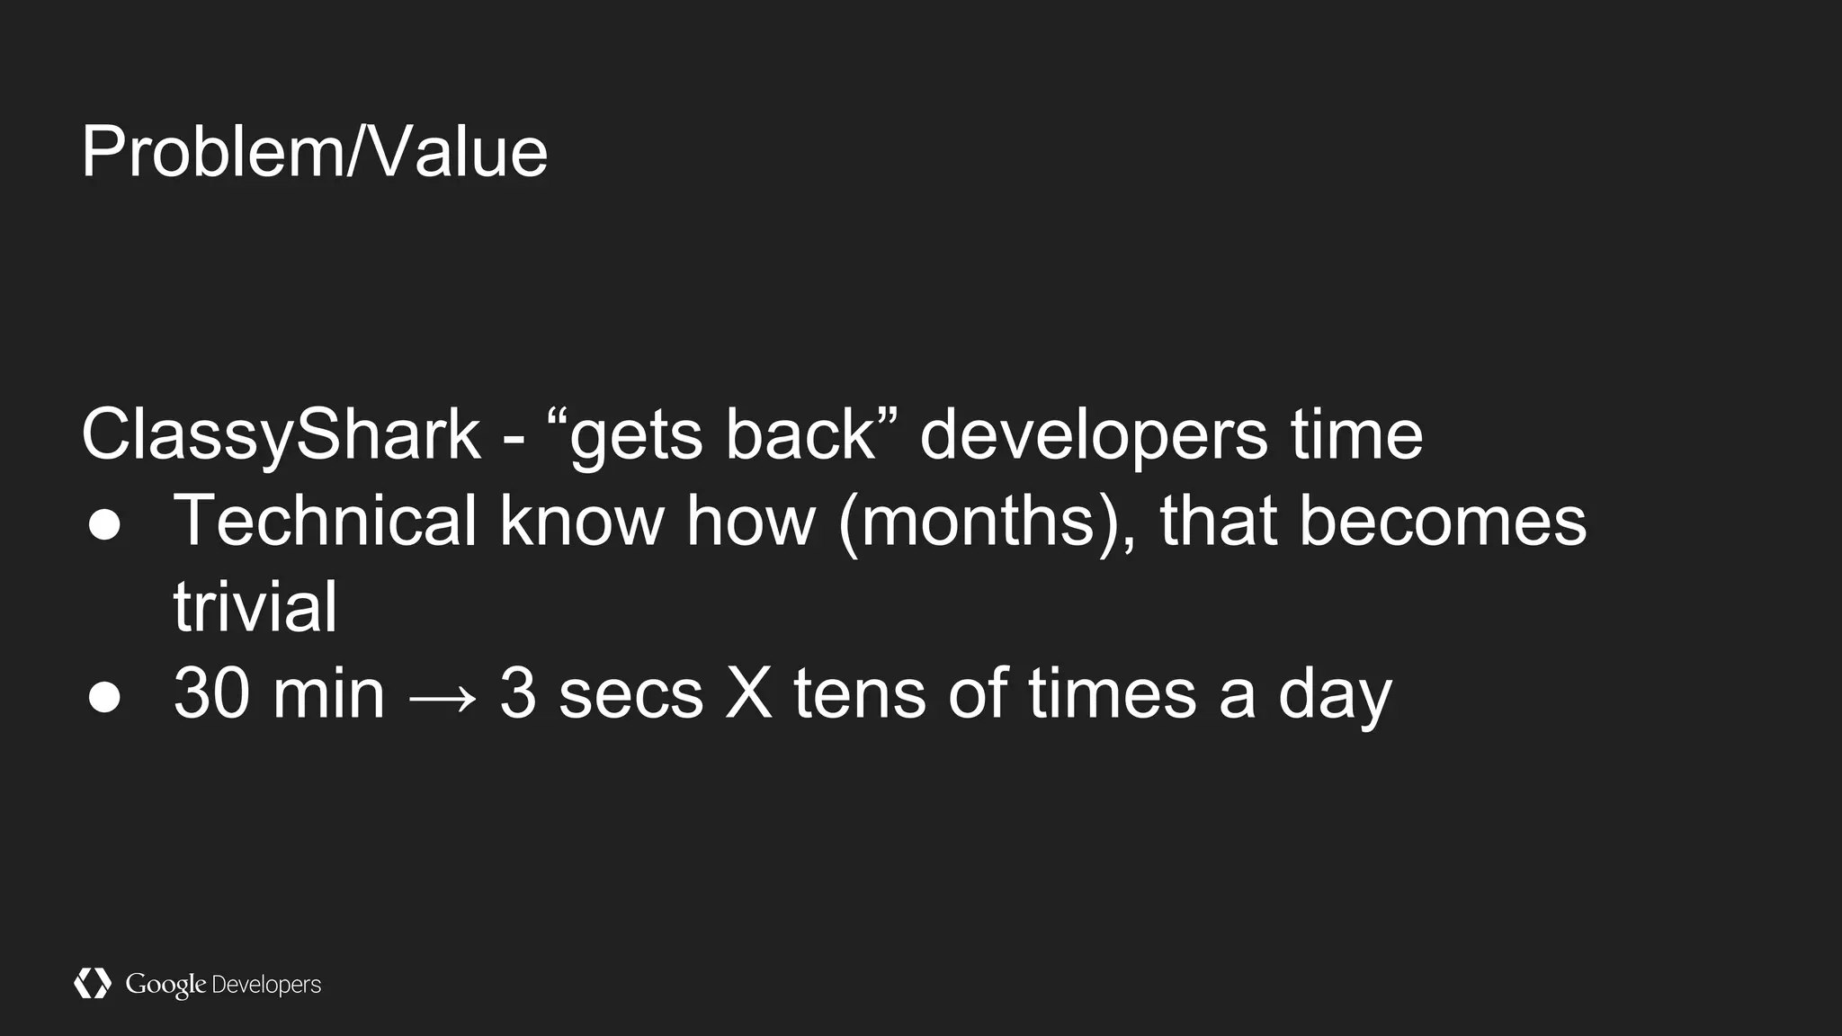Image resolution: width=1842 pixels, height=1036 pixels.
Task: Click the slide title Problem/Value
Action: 314,152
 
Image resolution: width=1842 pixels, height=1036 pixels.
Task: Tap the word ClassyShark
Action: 281,436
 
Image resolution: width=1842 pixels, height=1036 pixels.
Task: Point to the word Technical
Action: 325,521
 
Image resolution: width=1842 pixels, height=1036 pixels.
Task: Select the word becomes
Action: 1442,522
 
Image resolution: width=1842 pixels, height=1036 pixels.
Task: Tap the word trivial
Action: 255,607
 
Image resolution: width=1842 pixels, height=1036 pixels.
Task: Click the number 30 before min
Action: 211,693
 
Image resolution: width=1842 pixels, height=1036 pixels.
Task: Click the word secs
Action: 630,695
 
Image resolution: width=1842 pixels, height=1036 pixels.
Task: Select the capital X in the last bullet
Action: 748,693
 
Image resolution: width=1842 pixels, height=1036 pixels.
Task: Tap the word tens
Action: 859,693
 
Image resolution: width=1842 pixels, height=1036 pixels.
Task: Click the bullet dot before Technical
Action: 104,524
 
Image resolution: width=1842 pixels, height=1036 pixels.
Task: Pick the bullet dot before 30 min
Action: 104,697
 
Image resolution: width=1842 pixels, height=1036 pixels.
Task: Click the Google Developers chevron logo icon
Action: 92,984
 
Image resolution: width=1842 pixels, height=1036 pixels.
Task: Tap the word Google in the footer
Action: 165,985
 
